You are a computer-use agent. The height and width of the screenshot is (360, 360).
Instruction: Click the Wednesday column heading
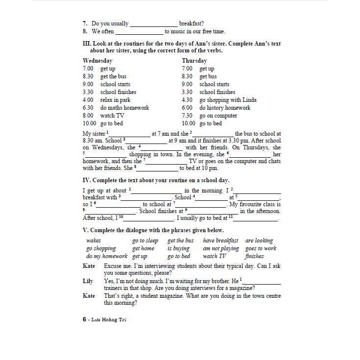pyautogui.click(x=97, y=61)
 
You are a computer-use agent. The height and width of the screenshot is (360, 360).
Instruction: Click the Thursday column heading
pyautogui.click(x=194, y=61)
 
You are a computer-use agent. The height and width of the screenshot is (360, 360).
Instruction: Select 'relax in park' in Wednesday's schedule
pyautogui.click(x=115, y=100)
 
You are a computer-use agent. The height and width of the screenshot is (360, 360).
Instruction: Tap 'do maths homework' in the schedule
pyautogui.click(x=124, y=108)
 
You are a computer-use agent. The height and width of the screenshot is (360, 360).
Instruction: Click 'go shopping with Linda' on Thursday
pyautogui.click(x=228, y=100)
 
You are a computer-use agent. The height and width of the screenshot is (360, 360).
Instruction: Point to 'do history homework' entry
pyautogui.click(x=225, y=108)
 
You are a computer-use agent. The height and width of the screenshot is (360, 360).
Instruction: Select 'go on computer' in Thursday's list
pyautogui.click(x=218, y=116)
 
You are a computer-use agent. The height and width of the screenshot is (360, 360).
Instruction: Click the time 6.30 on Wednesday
pyautogui.click(x=88, y=108)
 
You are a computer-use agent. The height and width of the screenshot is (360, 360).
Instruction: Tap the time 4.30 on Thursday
pyautogui.click(x=187, y=100)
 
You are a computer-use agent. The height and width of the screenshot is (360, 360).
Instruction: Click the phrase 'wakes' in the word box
pyautogui.click(x=94, y=240)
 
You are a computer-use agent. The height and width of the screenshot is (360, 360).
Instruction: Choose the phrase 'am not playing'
pyautogui.click(x=221, y=248)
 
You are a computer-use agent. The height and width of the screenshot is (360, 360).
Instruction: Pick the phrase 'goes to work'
pyautogui.click(x=261, y=248)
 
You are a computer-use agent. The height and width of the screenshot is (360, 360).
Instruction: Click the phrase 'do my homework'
pyautogui.click(x=106, y=256)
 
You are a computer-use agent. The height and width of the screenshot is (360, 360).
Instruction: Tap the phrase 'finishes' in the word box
pyautogui.click(x=254, y=256)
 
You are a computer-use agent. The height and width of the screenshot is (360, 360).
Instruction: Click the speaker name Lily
pyautogui.click(x=88, y=281)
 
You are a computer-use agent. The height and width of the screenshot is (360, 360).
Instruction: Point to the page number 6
pyautogui.click(x=84, y=319)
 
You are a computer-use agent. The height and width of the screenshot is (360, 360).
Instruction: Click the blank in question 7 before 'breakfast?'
pyautogui.click(x=153, y=24)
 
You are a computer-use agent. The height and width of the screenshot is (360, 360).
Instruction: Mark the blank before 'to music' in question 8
pyautogui.click(x=139, y=32)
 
